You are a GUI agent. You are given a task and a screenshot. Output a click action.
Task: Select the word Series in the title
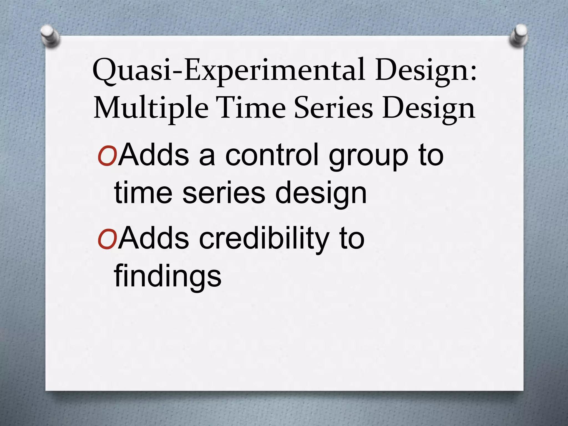click(x=333, y=108)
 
